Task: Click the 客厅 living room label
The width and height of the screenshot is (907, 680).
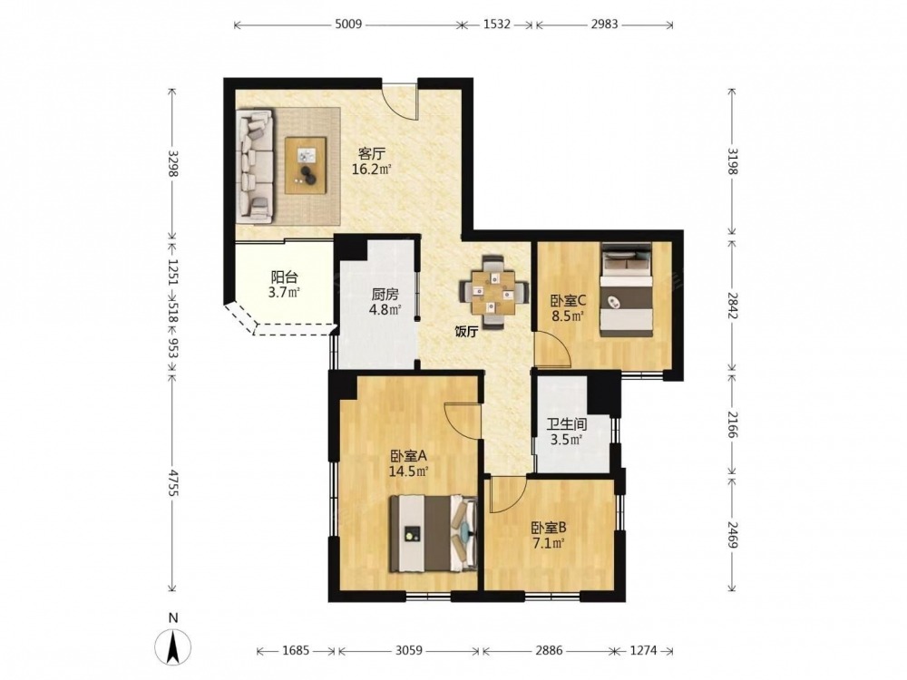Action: point(372,154)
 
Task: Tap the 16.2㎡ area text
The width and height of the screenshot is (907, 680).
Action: point(372,170)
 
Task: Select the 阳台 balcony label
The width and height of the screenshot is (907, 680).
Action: point(284,277)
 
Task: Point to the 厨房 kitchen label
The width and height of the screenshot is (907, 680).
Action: point(385,295)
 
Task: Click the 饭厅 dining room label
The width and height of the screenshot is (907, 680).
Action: point(466,331)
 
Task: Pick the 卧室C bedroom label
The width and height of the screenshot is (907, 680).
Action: point(568,301)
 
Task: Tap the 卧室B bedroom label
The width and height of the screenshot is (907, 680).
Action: point(549,528)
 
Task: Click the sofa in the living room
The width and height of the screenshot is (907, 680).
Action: point(255,166)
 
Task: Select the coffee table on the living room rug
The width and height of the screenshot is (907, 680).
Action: point(306,165)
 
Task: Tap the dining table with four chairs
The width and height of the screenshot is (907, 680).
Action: point(493,292)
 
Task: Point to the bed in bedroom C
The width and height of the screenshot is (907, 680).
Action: point(627,289)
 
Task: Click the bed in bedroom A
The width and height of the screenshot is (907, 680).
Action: point(434,533)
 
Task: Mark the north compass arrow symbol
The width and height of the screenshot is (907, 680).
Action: point(172,646)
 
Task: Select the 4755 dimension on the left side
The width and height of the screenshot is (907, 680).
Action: point(171,480)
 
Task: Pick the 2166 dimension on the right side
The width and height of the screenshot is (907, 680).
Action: point(732,425)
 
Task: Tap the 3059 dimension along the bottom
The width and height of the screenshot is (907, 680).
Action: point(408,651)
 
